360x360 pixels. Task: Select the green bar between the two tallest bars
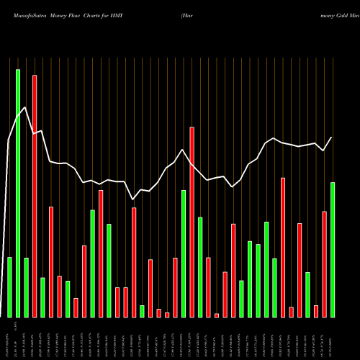(26, 287)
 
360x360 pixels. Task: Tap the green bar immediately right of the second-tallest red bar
(200, 266)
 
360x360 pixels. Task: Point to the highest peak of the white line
(25, 107)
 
